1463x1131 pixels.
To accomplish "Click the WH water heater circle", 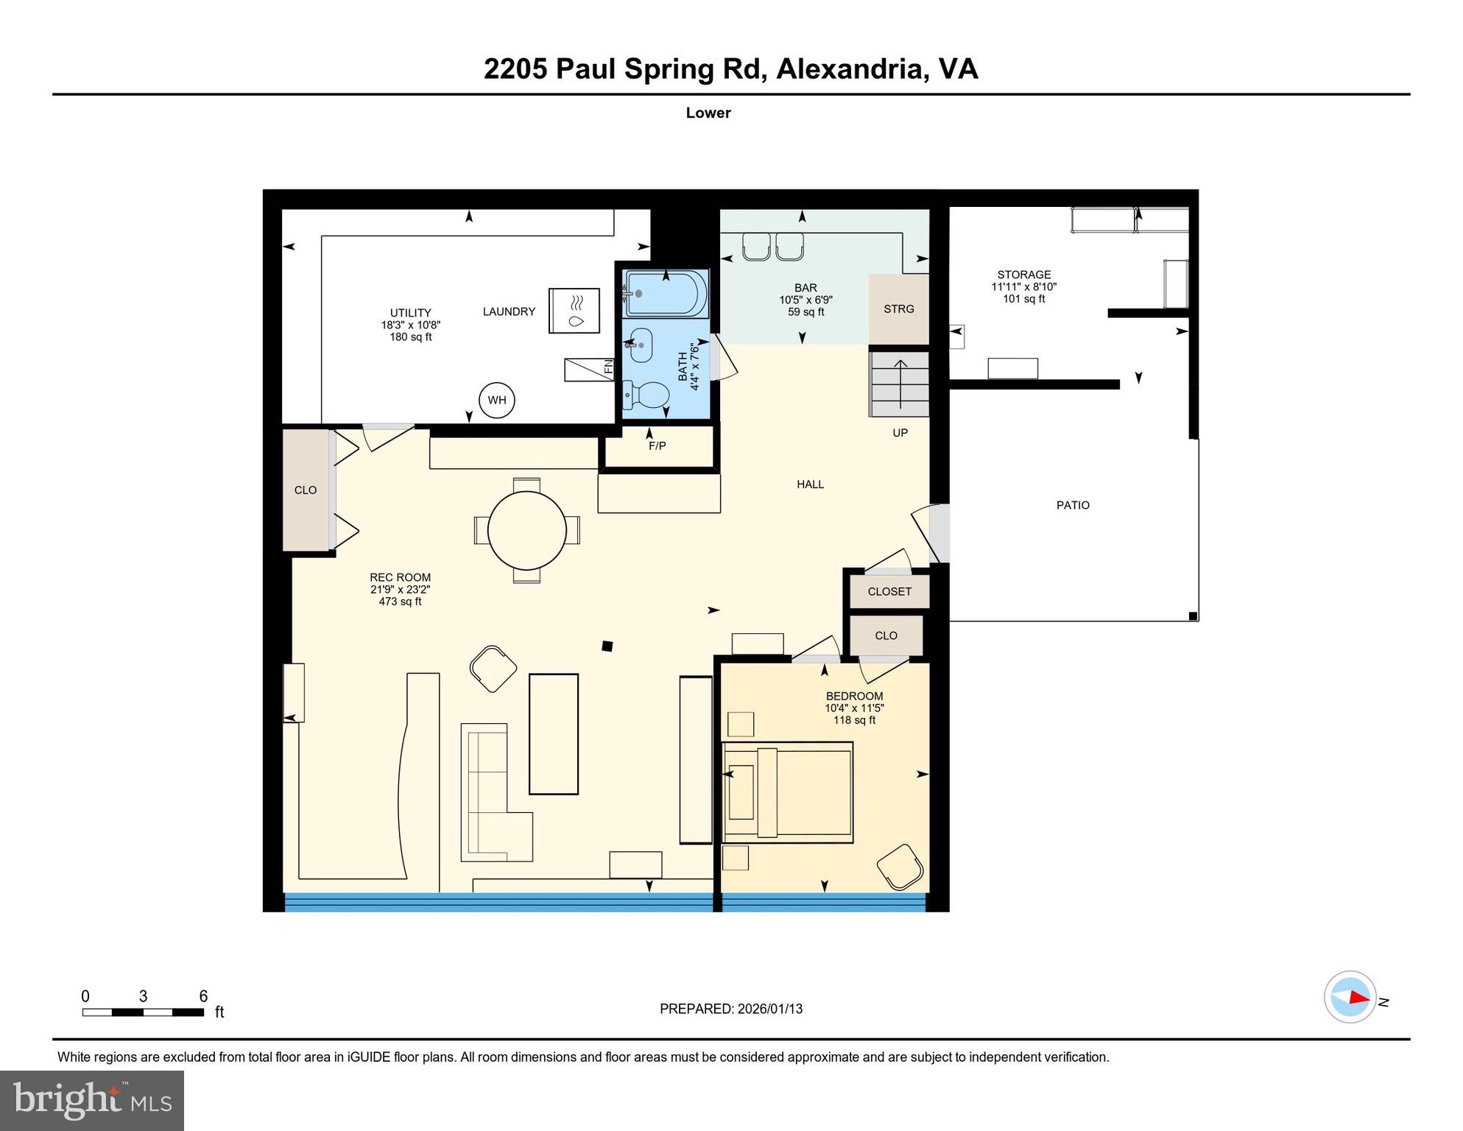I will [496, 401].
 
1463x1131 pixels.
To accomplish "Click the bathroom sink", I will [640, 345].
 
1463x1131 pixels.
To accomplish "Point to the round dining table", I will [527, 530].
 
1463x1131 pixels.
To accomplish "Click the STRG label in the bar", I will [898, 309].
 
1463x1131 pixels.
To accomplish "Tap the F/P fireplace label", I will [657, 446].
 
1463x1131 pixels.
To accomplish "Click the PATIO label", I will [1072, 505].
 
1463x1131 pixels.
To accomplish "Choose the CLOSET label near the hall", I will [889, 592].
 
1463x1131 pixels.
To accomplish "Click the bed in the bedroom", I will [789, 792].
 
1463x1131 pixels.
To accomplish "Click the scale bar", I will [143, 1012].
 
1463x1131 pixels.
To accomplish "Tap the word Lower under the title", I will [708, 113].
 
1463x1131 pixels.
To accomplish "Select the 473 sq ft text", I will [400, 602].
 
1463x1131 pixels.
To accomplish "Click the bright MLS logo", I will [92, 1100].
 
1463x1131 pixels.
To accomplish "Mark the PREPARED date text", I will [730, 1009].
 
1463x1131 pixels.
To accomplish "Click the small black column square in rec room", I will [607, 646].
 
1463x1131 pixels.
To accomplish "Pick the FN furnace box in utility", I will [589, 369].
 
